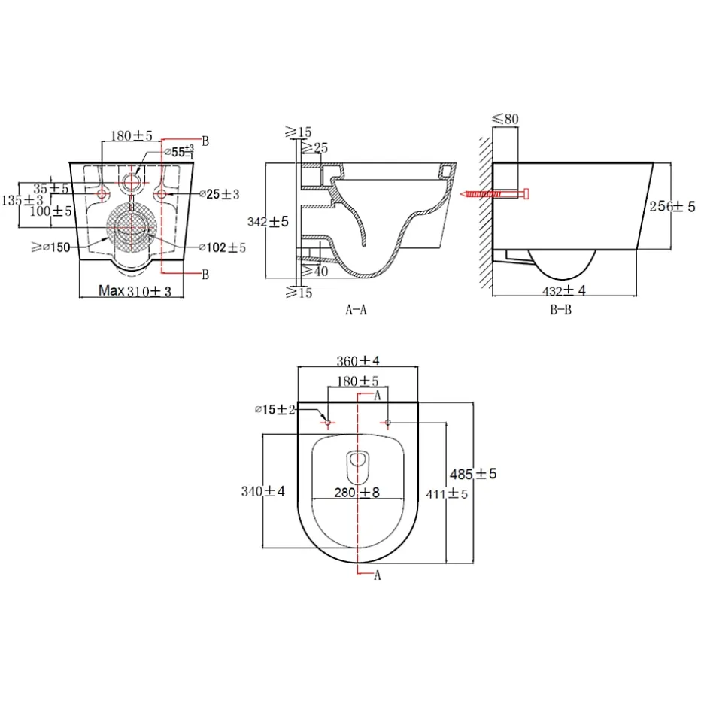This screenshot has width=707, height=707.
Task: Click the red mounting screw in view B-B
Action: [x=494, y=194]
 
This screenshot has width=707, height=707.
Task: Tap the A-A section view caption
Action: [x=357, y=310]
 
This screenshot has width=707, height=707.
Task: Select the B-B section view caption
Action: [x=560, y=310]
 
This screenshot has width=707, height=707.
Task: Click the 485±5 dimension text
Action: [x=473, y=474]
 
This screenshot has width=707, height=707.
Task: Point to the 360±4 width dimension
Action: [x=358, y=361]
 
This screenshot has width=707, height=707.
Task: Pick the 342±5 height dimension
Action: [x=268, y=221]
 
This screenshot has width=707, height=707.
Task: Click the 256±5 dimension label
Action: [x=672, y=207]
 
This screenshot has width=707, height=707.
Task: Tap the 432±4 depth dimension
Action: [x=563, y=290]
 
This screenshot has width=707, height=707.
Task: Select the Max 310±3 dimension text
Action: [x=135, y=291]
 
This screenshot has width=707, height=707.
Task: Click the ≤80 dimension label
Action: [x=505, y=119]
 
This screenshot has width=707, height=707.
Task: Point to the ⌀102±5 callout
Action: [x=223, y=247]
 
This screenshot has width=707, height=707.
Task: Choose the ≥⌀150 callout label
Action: [x=50, y=247]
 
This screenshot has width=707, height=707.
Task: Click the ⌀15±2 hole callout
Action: [x=275, y=409]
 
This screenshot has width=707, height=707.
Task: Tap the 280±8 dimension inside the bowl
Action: [x=357, y=492]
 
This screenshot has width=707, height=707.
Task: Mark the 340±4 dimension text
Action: [x=263, y=491]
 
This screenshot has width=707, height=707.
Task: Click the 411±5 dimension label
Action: [x=447, y=494]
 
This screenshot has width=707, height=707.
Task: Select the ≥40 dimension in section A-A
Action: [x=314, y=271]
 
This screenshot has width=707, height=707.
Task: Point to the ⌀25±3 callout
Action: [x=220, y=194]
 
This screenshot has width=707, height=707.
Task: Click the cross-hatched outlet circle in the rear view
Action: [x=132, y=227]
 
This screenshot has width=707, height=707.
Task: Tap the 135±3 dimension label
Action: [x=23, y=200]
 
